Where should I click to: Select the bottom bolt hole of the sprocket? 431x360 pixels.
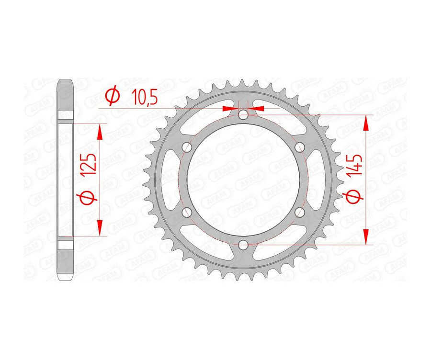(243, 245)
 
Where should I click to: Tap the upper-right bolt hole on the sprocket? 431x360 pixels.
(300, 146)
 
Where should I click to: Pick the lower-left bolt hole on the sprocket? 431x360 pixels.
(187, 212)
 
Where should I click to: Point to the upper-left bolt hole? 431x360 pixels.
(187, 147)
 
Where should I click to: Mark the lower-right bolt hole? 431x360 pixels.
(300, 212)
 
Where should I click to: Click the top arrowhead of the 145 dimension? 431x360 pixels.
(366, 124)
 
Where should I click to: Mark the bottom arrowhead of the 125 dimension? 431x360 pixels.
(100, 228)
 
